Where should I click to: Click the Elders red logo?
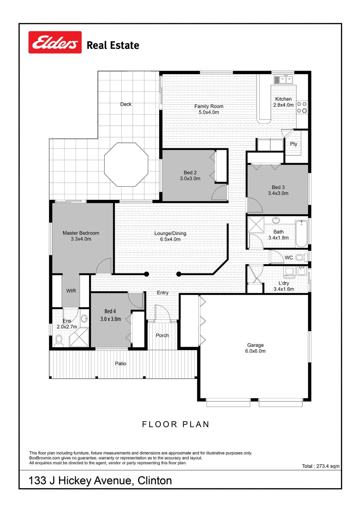tap(55, 42)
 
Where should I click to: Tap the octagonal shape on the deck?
tap(126, 165)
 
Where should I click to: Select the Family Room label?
tap(209, 106)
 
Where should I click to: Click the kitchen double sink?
tap(286, 80)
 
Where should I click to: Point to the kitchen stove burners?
tap(302, 107)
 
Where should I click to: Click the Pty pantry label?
tap(293, 144)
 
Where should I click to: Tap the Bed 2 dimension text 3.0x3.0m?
tap(190, 179)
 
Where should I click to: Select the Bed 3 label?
tap(278, 187)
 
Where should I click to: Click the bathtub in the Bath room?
tap(301, 233)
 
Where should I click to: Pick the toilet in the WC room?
tap(300, 257)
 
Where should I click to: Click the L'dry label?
tap(284, 283)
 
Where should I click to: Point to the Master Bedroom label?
tap(81, 233)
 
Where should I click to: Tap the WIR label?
tap(71, 291)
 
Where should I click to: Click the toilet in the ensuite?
tap(59, 341)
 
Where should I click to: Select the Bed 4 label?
tap(110, 311)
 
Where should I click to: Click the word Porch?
tap(162, 335)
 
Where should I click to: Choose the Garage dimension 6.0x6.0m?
tap(255, 351)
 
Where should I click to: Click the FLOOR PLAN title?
tap(176, 424)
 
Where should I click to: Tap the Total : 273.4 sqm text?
tap(321, 466)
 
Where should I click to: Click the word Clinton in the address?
tap(155, 480)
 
